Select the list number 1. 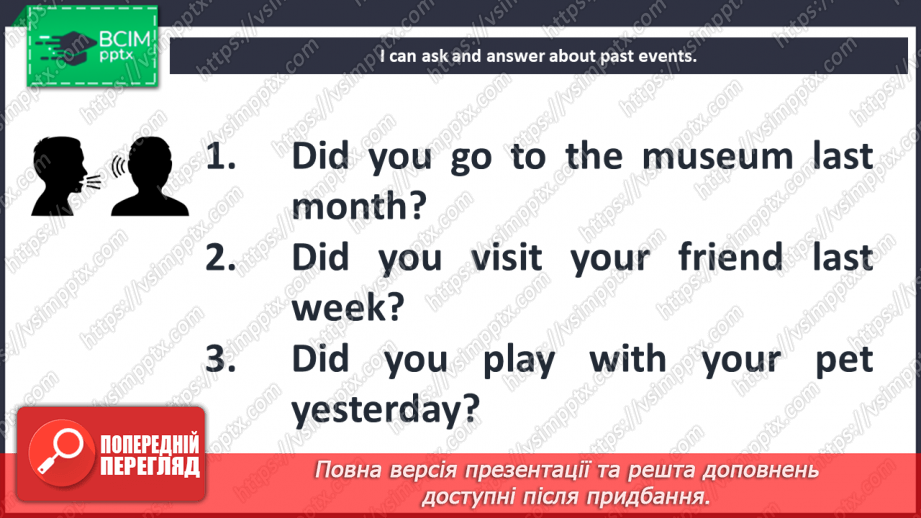point(218,157)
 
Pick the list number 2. point(219,258)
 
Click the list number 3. point(219,360)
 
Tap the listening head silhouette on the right point(151,176)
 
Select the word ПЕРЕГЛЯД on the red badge point(149,465)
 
